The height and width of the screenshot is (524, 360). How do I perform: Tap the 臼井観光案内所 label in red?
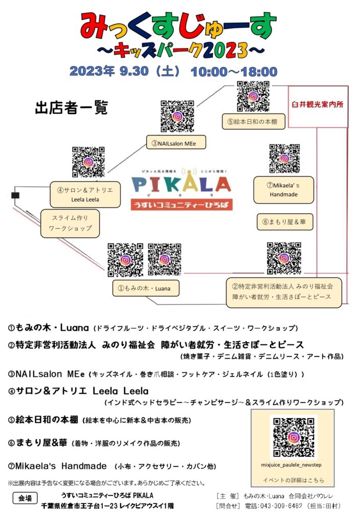[317, 104]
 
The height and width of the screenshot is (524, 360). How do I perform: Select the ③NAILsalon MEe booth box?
[176, 143]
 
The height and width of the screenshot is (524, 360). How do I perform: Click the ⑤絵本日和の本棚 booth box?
[254, 122]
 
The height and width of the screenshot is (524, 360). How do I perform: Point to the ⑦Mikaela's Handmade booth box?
[283, 190]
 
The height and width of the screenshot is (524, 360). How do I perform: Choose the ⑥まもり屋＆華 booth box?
[285, 222]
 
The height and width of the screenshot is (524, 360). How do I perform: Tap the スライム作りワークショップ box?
[70, 223]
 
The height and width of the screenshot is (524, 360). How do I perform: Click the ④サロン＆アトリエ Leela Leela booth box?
[85, 194]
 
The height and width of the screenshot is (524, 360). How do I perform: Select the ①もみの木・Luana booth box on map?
[146, 288]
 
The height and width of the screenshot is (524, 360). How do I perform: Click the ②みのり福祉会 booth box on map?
[284, 292]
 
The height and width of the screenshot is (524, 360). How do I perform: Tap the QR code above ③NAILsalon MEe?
[177, 116]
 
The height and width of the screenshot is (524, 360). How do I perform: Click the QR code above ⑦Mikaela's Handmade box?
[284, 159]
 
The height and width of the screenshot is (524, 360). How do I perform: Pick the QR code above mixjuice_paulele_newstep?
[294, 437]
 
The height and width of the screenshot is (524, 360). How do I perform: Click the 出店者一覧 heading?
[72, 108]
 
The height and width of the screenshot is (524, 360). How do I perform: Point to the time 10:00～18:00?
[234, 72]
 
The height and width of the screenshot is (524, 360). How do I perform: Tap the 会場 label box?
[25, 498]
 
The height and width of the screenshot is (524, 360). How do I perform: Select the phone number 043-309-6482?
[274, 506]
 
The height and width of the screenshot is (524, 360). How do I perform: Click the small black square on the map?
[15, 195]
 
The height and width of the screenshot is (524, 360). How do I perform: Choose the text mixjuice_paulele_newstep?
[291, 465]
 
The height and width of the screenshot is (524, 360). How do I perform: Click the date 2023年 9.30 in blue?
[109, 71]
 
